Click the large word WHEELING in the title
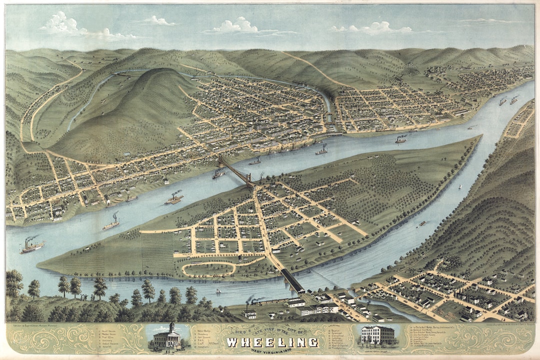[x=272, y=342]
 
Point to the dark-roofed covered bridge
[x=292, y=281]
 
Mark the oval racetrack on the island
[x=209, y=268]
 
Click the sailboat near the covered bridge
[x=218, y=290]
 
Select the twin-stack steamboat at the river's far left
[x=32, y=245]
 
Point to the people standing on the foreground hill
[x=85, y=298]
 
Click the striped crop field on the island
[x=157, y=252]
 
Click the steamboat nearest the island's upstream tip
[x=400, y=140]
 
